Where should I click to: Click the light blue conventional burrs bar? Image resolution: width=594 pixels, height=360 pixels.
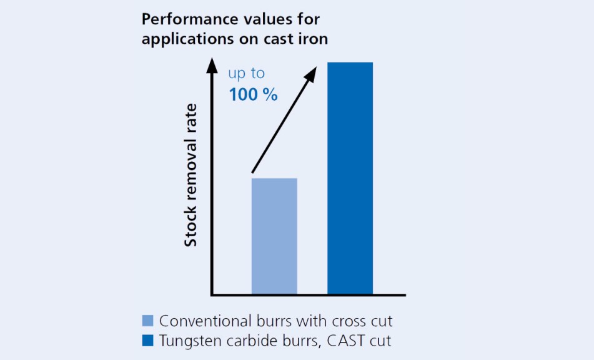click(x=274, y=236)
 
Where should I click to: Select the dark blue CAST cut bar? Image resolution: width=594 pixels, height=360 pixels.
click(x=350, y=177)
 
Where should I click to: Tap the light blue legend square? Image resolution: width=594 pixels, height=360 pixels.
click(x=148, y=321)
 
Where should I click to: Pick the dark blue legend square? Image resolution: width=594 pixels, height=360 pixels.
click(x=148, y=341)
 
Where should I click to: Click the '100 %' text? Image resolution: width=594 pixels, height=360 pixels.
click(x=253, y=95)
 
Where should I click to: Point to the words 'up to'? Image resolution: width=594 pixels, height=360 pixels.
click(x=246, y=74)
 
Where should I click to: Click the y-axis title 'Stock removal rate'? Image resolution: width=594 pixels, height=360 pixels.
click(x=191, y=175)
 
